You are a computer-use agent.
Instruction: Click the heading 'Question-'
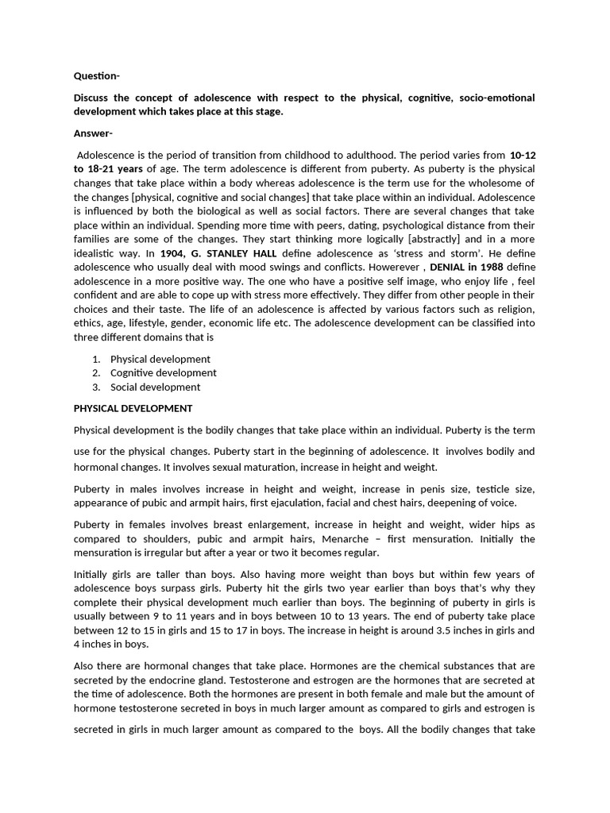[97, 76]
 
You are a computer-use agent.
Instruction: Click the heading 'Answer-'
[94, 133]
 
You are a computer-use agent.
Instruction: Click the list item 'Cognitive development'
[163, 372]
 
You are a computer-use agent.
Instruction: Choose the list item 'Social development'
[155, 387]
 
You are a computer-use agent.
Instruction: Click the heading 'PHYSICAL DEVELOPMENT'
[133, 408]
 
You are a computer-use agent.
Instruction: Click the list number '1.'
[95, 359]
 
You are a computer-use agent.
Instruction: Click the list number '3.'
[95, 387]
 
